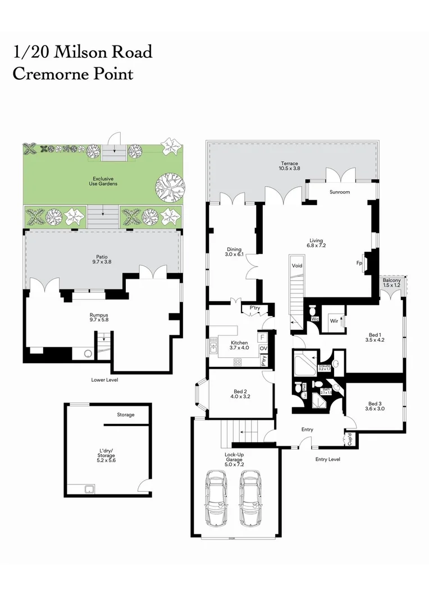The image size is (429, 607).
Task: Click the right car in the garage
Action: (x=250, y=497)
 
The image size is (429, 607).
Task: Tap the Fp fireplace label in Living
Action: (x=359, y=262)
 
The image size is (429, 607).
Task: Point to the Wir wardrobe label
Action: (x=334, y=321)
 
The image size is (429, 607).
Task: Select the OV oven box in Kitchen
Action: (x=263, y=349)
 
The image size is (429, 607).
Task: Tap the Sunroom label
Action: (x=339, y=192)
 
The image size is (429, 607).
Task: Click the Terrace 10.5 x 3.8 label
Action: (x=290, y=166)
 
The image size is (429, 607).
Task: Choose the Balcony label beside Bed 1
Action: (x=391, y=283)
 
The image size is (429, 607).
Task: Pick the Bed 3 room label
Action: (x=375, y=406)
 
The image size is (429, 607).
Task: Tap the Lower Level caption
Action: (x=104, y=380)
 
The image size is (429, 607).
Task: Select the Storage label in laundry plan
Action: (x=125, y=415)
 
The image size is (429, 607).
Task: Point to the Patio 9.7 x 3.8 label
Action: (x=102, y=259)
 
